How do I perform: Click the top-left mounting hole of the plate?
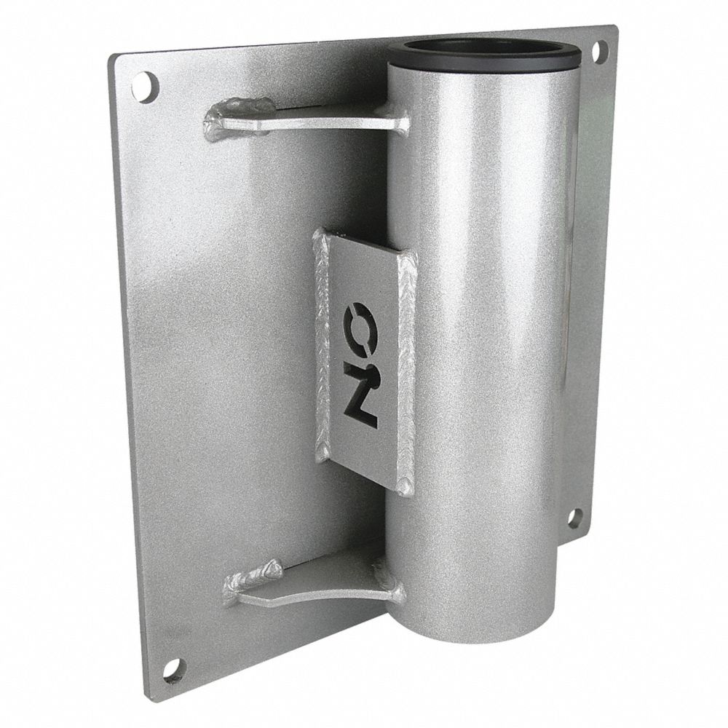(x=145, y=87)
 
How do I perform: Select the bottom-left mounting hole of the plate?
(x=173, y=669)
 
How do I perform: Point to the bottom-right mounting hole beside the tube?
(x=574, y=518)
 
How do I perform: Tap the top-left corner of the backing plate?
(x=114, y=57)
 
